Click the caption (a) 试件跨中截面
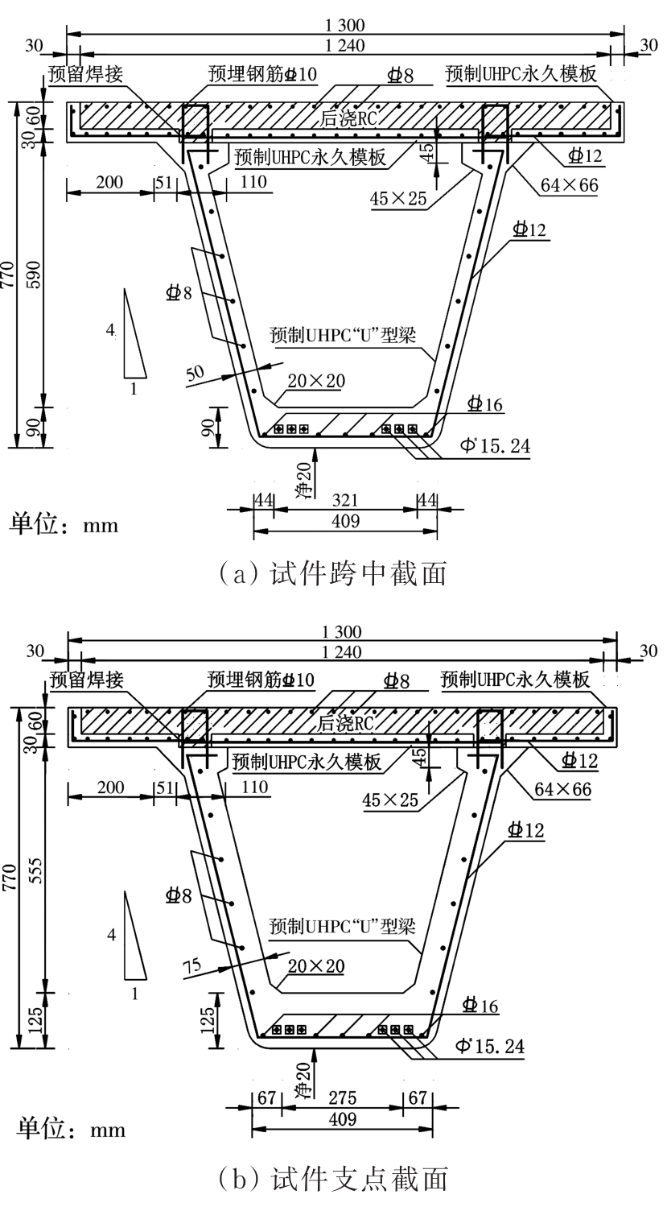click(x=332, y=573)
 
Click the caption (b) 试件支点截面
click(x=332, y=1179)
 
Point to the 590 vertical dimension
click(x=35, y=275)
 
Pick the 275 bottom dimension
click(x=344, y=1099)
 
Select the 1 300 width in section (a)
click(x=345, y=26)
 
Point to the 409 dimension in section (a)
click(x=345, y=521)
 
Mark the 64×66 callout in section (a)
click(x=569, y=185)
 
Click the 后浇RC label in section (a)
click(x=347, y=118)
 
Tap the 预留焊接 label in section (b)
click(x=87, y=680)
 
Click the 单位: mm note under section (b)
click(x=67, y=1129)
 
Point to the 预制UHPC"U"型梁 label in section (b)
click(x=342, y=926)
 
